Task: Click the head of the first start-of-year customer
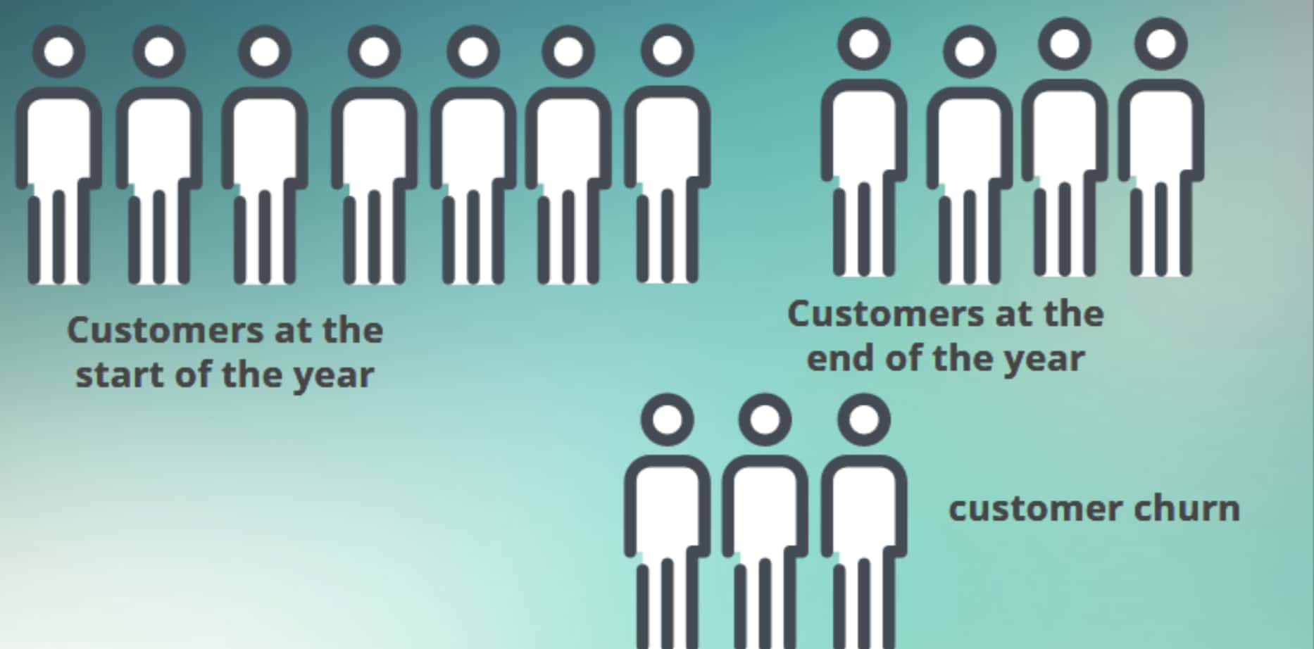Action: [x=59, y=51]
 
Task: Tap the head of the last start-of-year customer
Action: [x=667, y=50]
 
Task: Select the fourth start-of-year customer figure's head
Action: [x=374, y=51]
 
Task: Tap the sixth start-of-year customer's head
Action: [x=568, y=51]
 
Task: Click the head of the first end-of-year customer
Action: [x=864, y=44]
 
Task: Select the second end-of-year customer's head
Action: [x=970, y=51]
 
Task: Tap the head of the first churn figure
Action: [x=667, y=420]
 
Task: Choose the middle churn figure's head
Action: [x=765, y=420]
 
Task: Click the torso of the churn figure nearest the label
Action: [x=864, y=508]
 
